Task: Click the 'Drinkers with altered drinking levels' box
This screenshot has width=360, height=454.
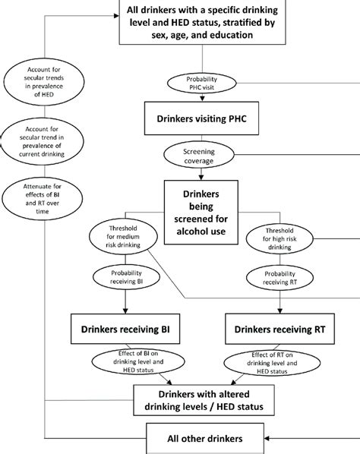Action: point(202,401)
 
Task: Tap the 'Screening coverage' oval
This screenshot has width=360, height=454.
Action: point(202,157)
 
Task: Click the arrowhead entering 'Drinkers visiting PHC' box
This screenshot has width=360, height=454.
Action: point(202,100)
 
